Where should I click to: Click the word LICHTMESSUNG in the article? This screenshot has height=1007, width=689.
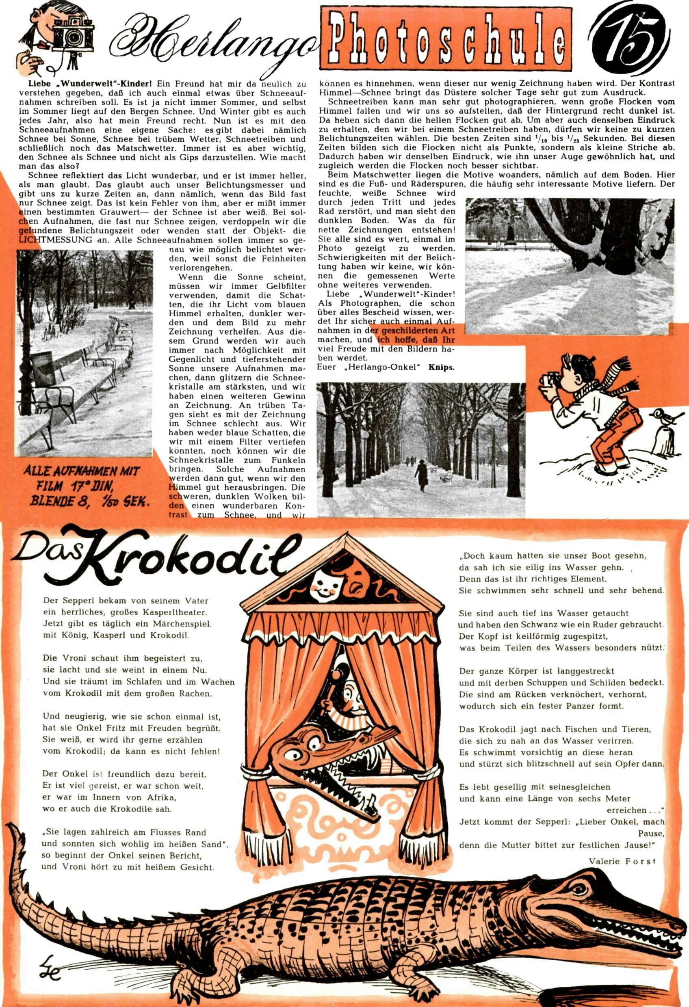(56, 240)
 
